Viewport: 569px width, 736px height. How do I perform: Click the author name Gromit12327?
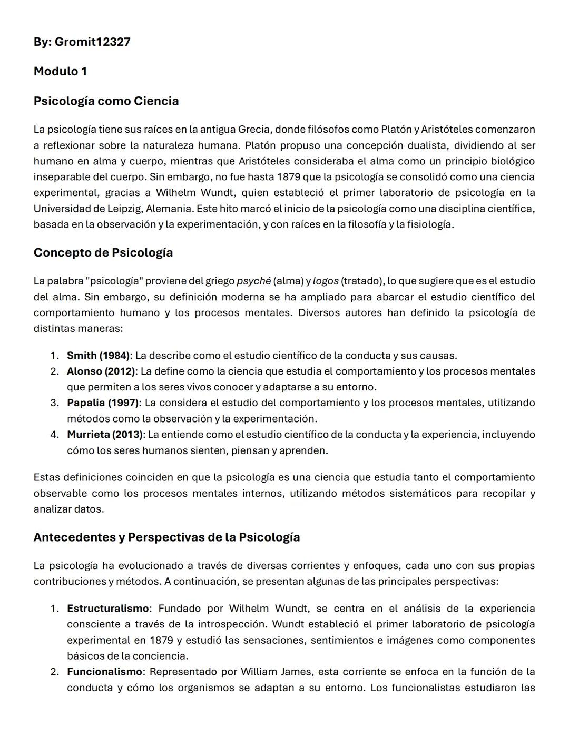pos(92,42)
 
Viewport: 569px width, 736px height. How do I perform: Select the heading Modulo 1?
pos(60,71)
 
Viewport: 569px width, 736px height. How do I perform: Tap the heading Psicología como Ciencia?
pos(106,101)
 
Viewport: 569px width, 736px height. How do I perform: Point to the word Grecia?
pos(254,129)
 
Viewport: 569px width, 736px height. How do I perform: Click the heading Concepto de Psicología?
pos(103,252)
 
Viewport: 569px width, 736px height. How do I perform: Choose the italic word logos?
pos(326,281)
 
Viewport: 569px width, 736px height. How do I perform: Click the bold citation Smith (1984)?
pos(97,356)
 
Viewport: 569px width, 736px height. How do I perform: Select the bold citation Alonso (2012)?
pos(101,371)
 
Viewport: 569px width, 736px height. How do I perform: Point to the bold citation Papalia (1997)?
pos(103,403)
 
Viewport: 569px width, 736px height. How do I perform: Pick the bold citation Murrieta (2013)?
pos(104,435)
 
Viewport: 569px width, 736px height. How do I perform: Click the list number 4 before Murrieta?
pos(54,435)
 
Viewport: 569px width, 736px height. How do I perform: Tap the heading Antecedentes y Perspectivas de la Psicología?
pos(166,537)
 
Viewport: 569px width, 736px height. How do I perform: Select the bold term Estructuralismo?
pos(107,609)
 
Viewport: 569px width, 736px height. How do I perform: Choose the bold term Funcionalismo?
pos(104,672)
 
